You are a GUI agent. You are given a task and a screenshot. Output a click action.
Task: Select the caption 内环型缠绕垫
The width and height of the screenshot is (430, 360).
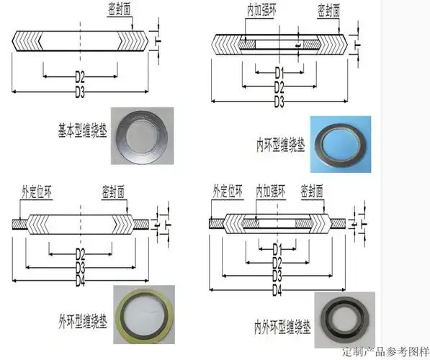pyautogui.click(x=280, y=140)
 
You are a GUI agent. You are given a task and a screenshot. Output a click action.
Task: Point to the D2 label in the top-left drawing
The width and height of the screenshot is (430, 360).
pyautogui.click(x=81, y=74)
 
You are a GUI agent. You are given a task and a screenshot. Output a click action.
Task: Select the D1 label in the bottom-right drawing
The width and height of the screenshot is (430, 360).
pyautogui.click(x=277, y=248)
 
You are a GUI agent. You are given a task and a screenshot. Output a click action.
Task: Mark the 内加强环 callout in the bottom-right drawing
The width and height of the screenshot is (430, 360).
pyautogui.click(x=273, y=191)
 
